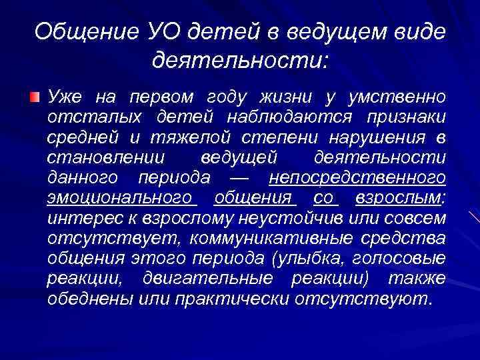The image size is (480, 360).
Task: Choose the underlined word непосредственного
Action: click(357, 179)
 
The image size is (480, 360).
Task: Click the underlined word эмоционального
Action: click(120, 199)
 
